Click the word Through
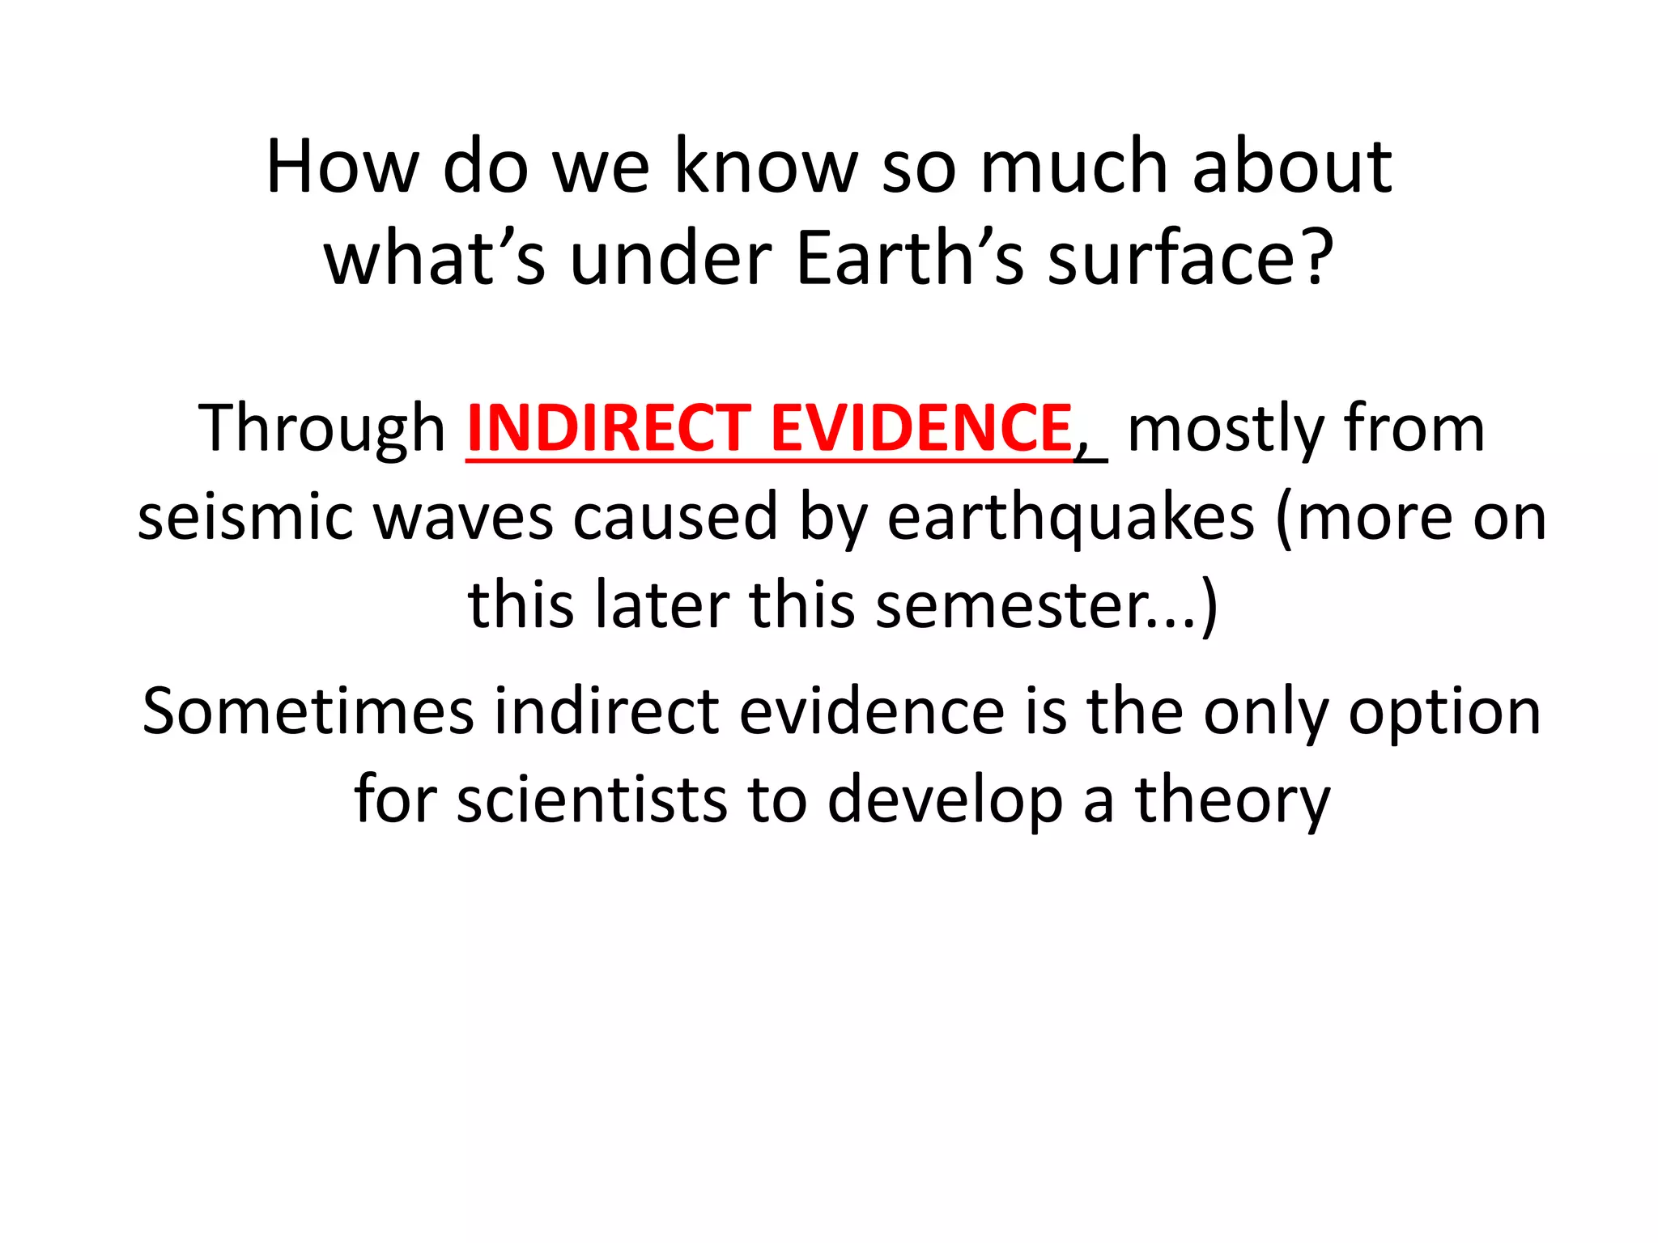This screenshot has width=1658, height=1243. coord(321,429)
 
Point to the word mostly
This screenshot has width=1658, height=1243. coord(1225,429)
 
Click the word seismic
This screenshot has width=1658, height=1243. coord(245,518)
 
